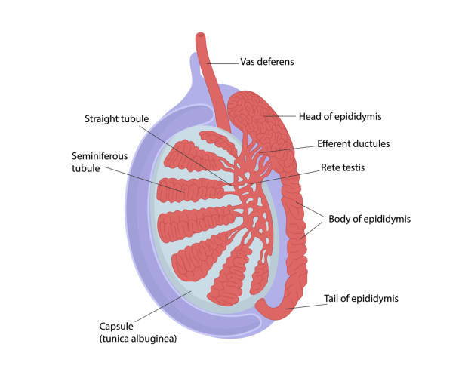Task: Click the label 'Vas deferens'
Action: [x=266, y=62]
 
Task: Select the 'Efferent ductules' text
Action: [x=353, y=143]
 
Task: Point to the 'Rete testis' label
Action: [x=343, y=167]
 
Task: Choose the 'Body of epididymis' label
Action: [x=369, y=220]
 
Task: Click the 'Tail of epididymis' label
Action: [x=360, y=299]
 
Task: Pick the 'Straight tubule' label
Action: [x=116, y=118]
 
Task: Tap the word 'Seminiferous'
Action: [x=100, y=156]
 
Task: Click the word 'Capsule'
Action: [x=117, y=327]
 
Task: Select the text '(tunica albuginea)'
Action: [x=138, y=339]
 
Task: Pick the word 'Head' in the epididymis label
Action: [x=311, y=116]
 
